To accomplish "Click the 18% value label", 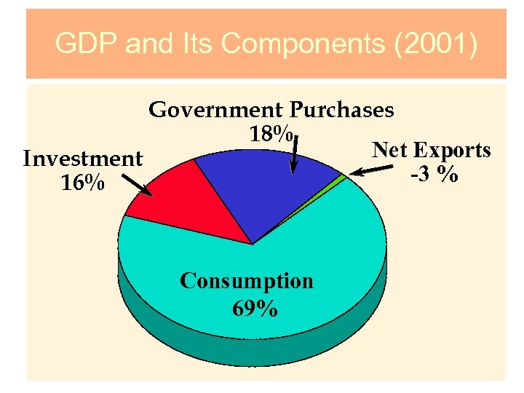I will pos(271,135).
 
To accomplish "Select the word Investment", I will pos(82,159).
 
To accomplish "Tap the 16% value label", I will pos(82,183).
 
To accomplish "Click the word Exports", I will pos(452,151).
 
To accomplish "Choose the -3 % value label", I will pos(434,175).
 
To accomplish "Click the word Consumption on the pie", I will pos(246,281).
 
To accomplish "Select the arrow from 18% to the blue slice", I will pos(295,154).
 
